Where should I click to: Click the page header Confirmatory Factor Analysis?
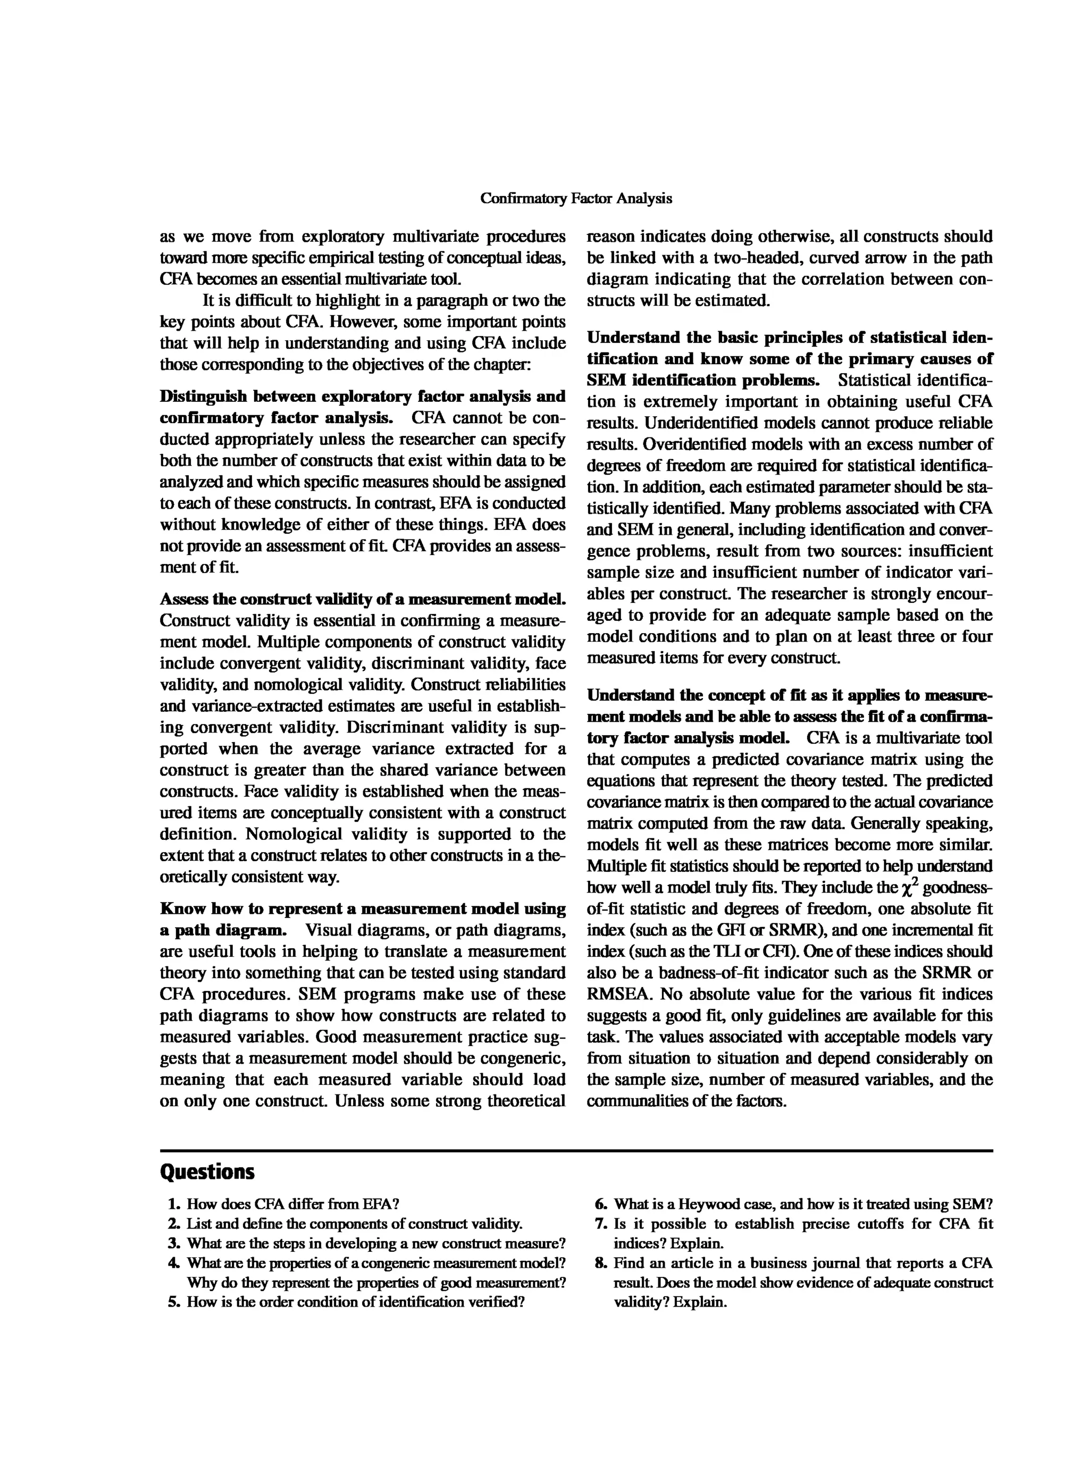pyautogui.click(x=575, y=198)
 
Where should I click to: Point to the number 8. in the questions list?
pyautogui.click(x=602, y=1262)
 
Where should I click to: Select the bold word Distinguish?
pyautogui.click(x=203, y=397)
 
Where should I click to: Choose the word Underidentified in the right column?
pyautogui.click(x=699, y=423)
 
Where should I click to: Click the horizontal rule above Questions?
pyautogui.click(x=575, y=1151)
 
